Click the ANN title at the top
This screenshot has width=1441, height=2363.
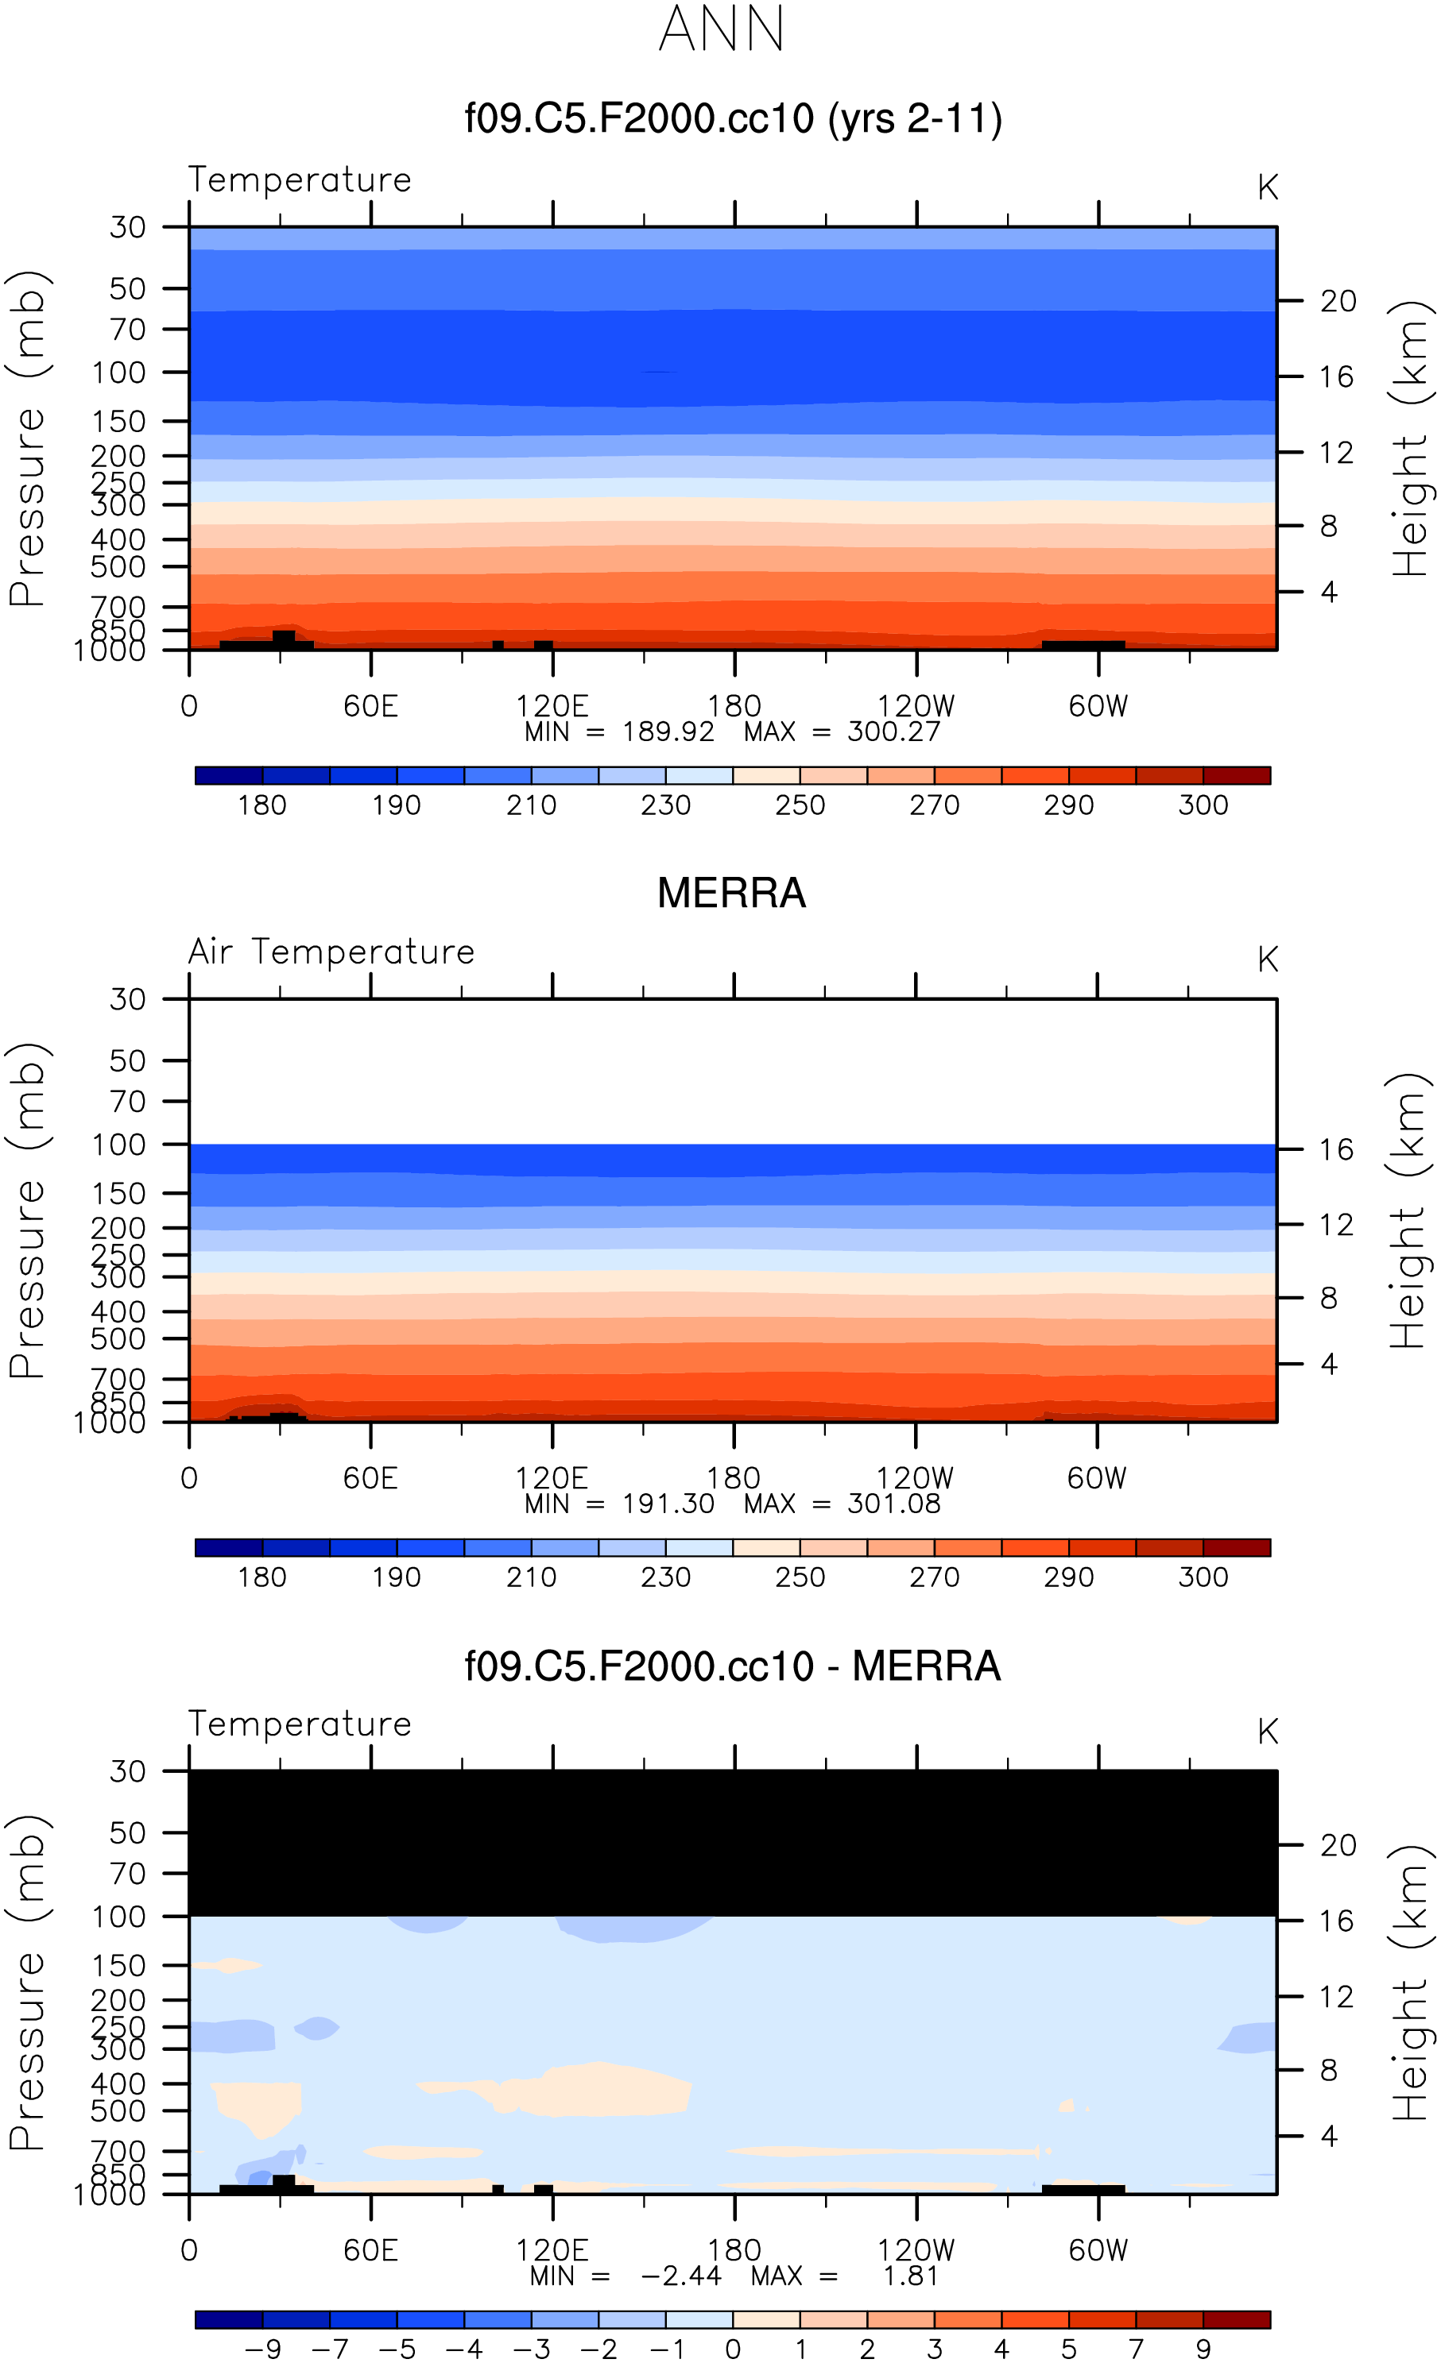point(722,29)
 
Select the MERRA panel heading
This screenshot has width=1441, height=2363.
point(731,893)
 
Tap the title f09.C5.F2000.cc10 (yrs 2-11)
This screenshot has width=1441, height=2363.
point(733,119)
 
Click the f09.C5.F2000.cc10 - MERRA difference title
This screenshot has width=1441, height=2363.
point(733,1666)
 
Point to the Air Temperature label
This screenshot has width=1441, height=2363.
point(331,952)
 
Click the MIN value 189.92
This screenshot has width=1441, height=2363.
point(668,732)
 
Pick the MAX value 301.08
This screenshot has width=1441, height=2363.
point(893,1504)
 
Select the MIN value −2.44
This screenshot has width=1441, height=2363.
point(680,2276)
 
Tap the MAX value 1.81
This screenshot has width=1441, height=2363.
point(909,2276)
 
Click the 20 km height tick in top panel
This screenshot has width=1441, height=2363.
point(1338,301)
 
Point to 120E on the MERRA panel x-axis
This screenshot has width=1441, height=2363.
point(552,1478)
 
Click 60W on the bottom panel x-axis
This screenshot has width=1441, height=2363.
point(1098,2250)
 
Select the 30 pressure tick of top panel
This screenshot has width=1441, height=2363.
point(128,227)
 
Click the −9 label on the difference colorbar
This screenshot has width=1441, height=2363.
point(262,2349)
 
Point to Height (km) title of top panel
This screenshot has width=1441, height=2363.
point(1410,439)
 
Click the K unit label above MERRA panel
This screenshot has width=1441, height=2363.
point(1268,960)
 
